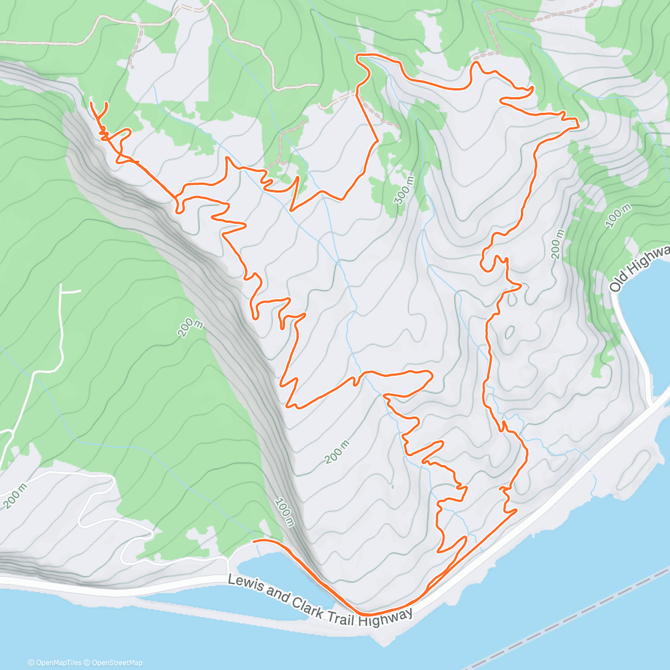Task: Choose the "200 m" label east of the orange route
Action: (x=557, y=243)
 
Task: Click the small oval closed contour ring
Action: (x=509, y=333)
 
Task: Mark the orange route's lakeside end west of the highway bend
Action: (x=255, y=541)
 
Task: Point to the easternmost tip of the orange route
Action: (x=578, y=127)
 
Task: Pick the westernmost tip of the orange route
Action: (x=91, y=103)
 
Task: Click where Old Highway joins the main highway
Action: (x=653, y=401)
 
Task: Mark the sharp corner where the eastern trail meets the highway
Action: (x=516, y=509)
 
